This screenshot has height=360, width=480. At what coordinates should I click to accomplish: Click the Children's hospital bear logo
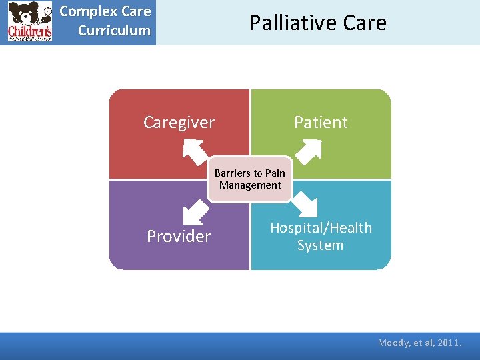click(x=30, y=22)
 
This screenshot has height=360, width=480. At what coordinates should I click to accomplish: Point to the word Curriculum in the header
click(x=114, y=31)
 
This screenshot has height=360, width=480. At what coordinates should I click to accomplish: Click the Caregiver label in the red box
click(x=179, y=123)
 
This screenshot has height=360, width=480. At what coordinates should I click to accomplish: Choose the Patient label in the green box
click(x=321, y=123)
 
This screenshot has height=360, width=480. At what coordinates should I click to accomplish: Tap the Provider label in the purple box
click(x=179, y=237)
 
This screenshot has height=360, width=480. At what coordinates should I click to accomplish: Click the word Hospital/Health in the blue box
click(x=321, y=228)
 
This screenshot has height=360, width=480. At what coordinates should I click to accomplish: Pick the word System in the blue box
click(x=320, y=245)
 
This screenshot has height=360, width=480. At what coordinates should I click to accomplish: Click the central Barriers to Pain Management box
click(x=250, y=179)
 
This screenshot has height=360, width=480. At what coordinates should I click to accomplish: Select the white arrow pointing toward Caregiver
click(x=195, y=151)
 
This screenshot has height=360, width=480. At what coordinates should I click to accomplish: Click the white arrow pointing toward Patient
click(x=307, y=151)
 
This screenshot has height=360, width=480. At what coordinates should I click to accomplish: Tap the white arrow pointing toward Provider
click(x=195, y=212)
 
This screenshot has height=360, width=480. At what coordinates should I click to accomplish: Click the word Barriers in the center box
click(x=230, y=173)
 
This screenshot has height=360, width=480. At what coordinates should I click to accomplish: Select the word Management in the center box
click(x=250, y=185)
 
